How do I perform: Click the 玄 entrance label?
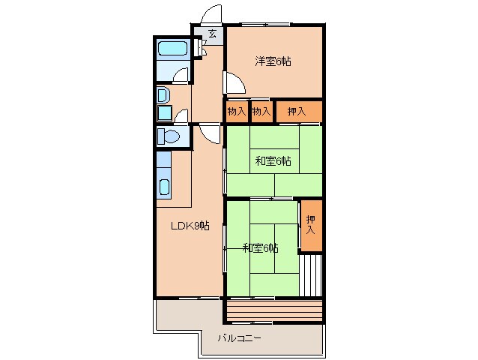point(212,34)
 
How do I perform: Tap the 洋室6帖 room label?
point(272,61)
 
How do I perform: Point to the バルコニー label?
point(239,338)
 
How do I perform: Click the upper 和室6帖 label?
point(273,160)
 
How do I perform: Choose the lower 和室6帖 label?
point(260,247)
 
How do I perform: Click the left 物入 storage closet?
point(236,111)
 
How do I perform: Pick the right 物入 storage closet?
point(261,111)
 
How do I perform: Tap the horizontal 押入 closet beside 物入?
point(297,111)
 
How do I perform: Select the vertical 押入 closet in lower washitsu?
point(310,225)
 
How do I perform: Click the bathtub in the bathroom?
point(173,52)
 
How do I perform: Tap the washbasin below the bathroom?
point(164,95)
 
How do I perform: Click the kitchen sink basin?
point(166,187)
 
